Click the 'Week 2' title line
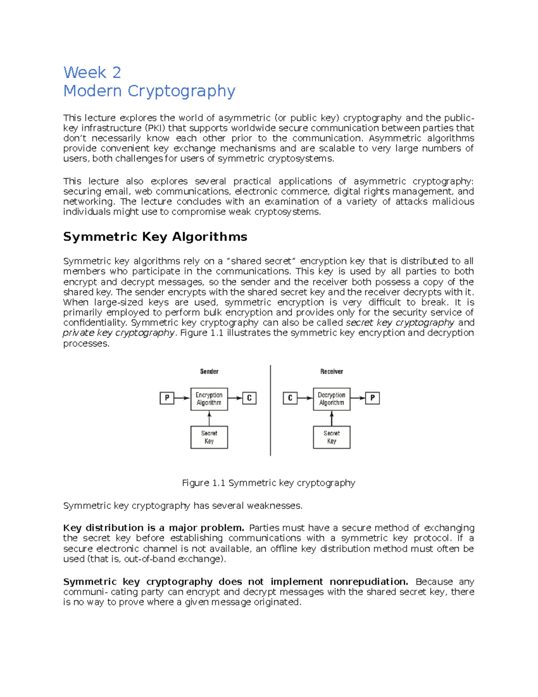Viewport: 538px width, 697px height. click(x=92, y=72)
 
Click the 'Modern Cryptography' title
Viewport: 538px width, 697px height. click(x=149, y=91)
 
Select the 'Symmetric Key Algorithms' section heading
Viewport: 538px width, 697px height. click(x=155, y=237)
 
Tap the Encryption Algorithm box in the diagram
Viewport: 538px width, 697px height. click(x=209, y=399)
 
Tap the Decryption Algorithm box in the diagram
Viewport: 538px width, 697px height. click(x=331, y=399)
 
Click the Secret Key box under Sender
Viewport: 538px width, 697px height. click(x=209, y=437)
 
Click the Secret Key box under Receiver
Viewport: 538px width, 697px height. click(x=331, y=437)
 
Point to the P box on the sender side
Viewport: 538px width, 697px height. click(x=167, y=398)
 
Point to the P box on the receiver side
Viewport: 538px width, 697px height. click(x=372, y=398)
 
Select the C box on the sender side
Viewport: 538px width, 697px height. click(x=249, y=398)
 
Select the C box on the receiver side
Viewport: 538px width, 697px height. click(x=290, y=398)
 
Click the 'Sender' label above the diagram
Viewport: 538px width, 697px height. click(x=209, y=372)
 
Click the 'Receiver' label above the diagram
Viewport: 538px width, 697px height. click(x=331, y=372)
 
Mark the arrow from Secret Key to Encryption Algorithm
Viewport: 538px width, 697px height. click(x=209, y=418)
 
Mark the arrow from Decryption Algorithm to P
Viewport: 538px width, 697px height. click(x=358, y=398)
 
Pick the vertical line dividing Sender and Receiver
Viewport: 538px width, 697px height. click(x=270, y=410)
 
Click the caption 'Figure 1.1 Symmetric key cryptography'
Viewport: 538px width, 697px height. click(x=268, y=483)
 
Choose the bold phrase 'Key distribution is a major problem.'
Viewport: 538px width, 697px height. click(x=154, y=528)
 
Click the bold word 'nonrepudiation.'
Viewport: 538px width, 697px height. click(x=369, y=582)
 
